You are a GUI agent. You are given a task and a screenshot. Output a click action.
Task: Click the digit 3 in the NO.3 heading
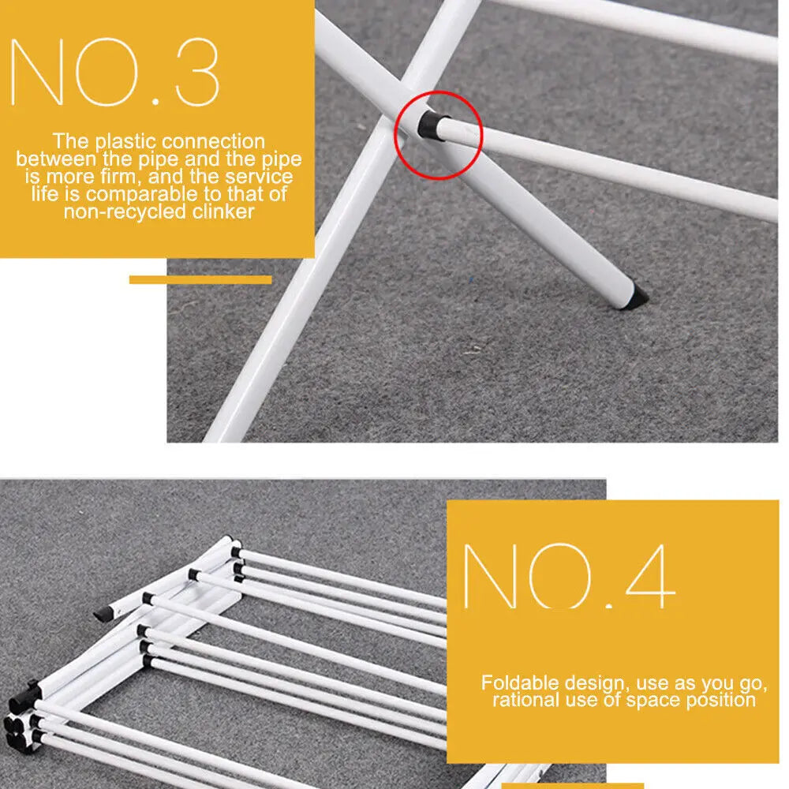point(197,72)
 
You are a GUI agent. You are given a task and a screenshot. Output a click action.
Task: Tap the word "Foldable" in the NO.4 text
point(520,682)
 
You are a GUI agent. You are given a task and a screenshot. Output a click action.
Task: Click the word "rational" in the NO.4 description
point(525,700)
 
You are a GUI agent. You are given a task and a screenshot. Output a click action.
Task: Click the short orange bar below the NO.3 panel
point(200,279)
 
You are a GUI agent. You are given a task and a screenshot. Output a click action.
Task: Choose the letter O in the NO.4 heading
point(560,576)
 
